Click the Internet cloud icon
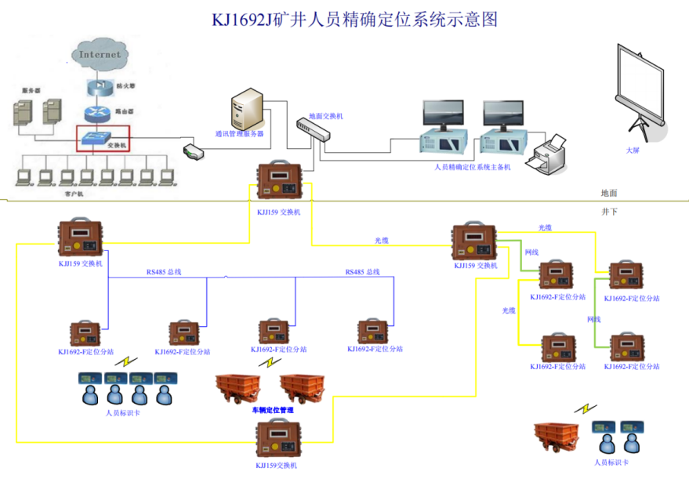(x=100, y=54)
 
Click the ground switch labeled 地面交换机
(x=314, y=130)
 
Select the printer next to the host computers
(x=548, y=154)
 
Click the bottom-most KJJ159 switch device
(x=279, y=439)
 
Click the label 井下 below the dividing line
(x=609, y=212)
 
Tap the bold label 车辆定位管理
(x=272, y=410)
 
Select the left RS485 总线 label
(x=164, y=272)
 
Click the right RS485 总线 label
(x=362, y=272)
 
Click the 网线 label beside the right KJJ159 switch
(x=531, y=252)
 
